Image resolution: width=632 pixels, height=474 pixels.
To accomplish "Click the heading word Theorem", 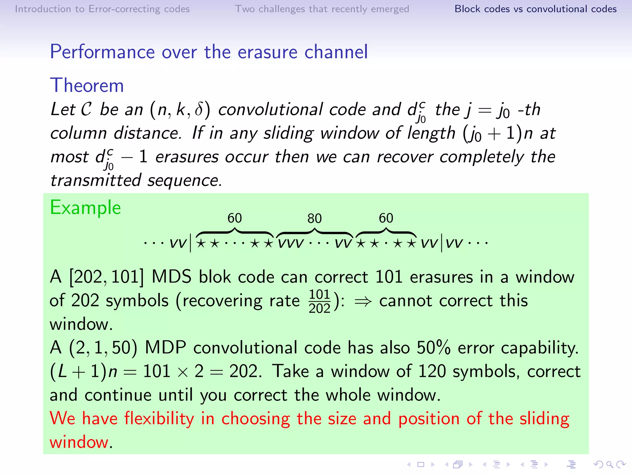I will pyautogui.click(x=87, y=85).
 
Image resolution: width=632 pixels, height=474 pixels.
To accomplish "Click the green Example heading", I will pyautogui.click(x=85, y=207).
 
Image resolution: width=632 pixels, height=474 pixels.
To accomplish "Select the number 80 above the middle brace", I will pyautogui.click(x=314, y=219).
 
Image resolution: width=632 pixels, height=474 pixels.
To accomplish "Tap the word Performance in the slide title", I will pyautogui.click(x=102, y=52).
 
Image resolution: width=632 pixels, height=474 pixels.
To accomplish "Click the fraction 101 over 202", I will pyautogui.click(x=319, y=301).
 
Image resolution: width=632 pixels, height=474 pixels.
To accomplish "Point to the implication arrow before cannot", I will pyautogui.click(x=363, y=301).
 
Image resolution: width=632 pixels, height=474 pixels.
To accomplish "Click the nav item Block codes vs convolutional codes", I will pyautogui.click(x=535, y=9).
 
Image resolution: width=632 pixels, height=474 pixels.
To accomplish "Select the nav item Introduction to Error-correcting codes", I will pyautogui.click(x=102, y=9).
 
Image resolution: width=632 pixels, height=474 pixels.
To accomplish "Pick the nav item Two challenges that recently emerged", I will pyautogui.click(x=322, y=9).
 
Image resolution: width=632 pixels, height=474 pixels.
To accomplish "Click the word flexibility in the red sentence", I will pyautogui.click(x=159, y=419).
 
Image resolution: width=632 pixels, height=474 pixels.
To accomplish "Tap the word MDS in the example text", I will pyautogui.click(x=171, y=277).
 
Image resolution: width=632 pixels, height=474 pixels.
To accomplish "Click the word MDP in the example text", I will pyautogui.click(x=165, y=348).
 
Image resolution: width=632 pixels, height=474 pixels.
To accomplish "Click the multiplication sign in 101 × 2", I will pyautogui.click(x=183, y=372).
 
